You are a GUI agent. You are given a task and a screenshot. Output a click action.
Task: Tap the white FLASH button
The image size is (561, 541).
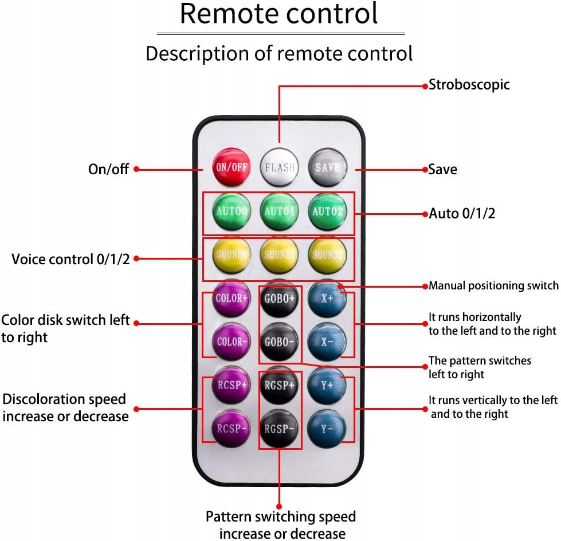coord(279,167)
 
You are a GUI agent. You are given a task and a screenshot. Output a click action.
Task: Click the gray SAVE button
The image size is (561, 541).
coord(327,167)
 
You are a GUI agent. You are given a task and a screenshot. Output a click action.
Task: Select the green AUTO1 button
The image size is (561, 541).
coord(279,211)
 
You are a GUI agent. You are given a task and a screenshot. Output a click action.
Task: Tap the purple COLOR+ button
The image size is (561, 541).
coord(231,298)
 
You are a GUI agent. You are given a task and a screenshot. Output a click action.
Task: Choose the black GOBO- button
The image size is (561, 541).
coord(279,342)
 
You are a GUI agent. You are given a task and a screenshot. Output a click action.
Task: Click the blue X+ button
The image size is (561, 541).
coord(327,298)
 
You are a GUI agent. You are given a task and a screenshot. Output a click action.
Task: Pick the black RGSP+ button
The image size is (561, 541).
coord(279,385)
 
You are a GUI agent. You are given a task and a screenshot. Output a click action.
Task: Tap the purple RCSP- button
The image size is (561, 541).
coord(231,428)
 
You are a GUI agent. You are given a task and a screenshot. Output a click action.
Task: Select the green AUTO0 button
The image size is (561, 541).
coord(231,211)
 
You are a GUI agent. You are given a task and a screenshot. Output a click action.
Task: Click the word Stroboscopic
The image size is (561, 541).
coord(469,85)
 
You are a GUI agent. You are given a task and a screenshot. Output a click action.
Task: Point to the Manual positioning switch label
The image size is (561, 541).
coord(493,285)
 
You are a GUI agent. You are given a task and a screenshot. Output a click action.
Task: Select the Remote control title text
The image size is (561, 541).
coord(279,14)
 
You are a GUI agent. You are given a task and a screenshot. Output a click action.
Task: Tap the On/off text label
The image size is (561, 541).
coord(108,169)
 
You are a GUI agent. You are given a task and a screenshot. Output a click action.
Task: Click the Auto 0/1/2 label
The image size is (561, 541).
coord(462,214)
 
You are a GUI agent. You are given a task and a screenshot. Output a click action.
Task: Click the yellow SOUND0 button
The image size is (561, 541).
coord(231,254)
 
